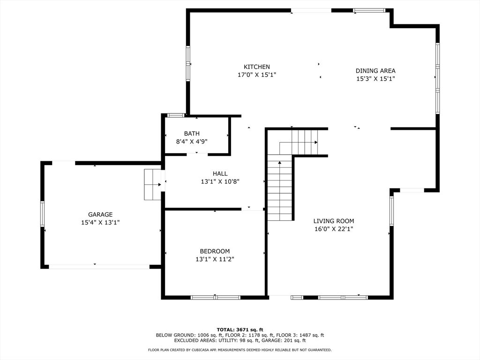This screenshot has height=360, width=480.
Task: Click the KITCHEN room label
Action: tap(257, 67)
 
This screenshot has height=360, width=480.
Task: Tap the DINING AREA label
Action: tap(375, 71)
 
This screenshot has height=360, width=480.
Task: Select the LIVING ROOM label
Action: tap(334, 221)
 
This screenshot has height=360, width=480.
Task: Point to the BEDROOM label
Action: tap(215, 251)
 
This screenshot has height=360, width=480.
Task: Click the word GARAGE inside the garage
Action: tap(100, 215)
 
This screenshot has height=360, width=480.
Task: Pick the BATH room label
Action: tap(192, 134)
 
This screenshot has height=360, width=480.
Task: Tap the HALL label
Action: tap(220, 173)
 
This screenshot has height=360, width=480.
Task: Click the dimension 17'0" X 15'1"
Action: tap(257, 75)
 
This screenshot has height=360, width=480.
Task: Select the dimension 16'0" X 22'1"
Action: tap(334, 229)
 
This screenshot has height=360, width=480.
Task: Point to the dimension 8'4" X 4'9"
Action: tap(192, 142)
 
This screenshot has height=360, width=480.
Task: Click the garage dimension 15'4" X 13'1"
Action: tap(100, 223)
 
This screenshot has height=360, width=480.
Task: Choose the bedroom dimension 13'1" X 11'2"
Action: tap(215, 259)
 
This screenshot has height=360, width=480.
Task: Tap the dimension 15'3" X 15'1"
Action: tap(375, 79)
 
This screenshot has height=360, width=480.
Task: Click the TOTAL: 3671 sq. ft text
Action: tap(240, 330)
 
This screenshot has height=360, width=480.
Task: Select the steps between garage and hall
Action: tap(152, 185)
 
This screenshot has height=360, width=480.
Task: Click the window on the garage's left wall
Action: tap(43, 214)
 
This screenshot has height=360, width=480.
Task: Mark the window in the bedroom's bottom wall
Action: tap(216, 297)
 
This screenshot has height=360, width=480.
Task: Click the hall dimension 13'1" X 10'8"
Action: tap(220, 181)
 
